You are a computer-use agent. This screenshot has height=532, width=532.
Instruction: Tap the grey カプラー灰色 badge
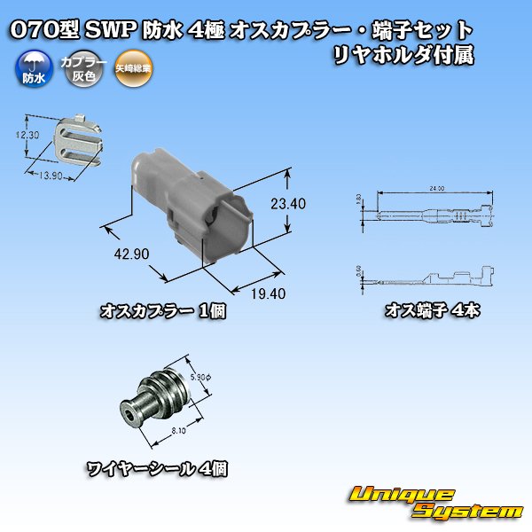tap(77, 69)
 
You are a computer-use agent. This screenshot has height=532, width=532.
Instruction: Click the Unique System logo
tap(435, 503)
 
